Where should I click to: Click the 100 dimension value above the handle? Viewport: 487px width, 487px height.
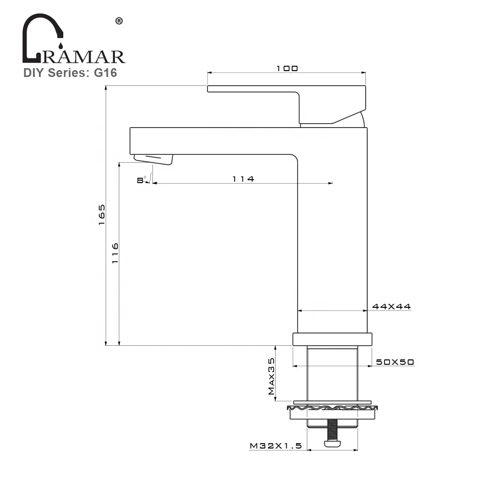(x=287, y=69)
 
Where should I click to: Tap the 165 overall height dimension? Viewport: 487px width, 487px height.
(x=101, y=214)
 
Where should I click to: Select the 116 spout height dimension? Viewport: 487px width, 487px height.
(x=115, y=253)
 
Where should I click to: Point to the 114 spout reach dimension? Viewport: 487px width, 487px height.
(x=243, y=179)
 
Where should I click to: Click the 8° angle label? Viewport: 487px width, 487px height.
(x=141, y=180)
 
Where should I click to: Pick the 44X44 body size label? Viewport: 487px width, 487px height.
(x=392, y=307)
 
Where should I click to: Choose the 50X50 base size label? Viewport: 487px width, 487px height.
(x=394, y=362)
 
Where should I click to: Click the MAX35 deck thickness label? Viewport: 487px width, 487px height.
(x=271, y=376)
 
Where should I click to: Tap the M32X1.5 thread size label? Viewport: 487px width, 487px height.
(x=276, y=446)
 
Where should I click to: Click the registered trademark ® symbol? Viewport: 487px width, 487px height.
(x=118, y=21)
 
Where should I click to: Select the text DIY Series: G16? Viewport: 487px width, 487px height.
(x=70, y=73)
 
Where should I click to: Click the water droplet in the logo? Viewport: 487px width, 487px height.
(x=60, y=46)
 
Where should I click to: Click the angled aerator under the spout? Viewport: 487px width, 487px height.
(x=153, y=159)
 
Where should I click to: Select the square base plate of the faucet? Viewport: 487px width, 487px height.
(x=332, y=339)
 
